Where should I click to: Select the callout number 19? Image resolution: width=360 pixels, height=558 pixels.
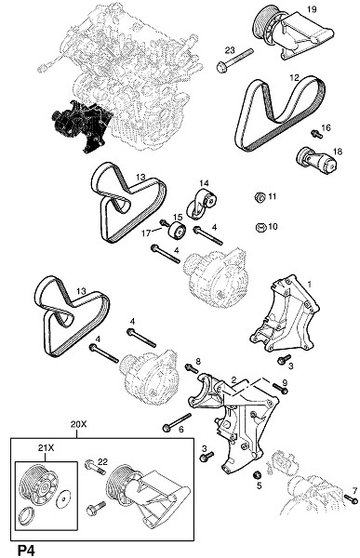(x=312, y=9)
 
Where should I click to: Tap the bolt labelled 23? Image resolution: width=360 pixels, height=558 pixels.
(x=235, y=59)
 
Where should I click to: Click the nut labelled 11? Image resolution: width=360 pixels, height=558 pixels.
(x=260, y=196)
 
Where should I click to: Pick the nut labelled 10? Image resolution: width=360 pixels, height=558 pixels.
(x=261, y=227)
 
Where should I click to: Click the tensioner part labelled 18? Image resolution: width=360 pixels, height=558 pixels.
(x=316, y=161)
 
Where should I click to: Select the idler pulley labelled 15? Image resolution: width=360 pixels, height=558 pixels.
(x=177, y=231)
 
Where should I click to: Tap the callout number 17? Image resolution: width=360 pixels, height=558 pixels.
(x=146, y=233)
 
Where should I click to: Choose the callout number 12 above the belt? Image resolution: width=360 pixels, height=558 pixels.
(x=294, y=77)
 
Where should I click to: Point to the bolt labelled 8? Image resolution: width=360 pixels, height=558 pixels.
(x=192, y=368)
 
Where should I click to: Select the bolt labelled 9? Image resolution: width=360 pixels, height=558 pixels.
(x=280, y=388)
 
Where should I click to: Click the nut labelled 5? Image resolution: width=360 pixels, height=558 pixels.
(x=257, y=474)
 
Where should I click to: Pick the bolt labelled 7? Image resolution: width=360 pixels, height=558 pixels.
(x=352, y=498)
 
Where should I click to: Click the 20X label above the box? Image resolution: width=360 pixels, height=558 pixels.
(x=78, y=424)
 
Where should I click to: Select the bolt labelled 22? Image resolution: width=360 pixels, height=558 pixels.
(x=95, y=467)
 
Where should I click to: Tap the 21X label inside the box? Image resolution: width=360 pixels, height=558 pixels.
(x=46, y=448)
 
